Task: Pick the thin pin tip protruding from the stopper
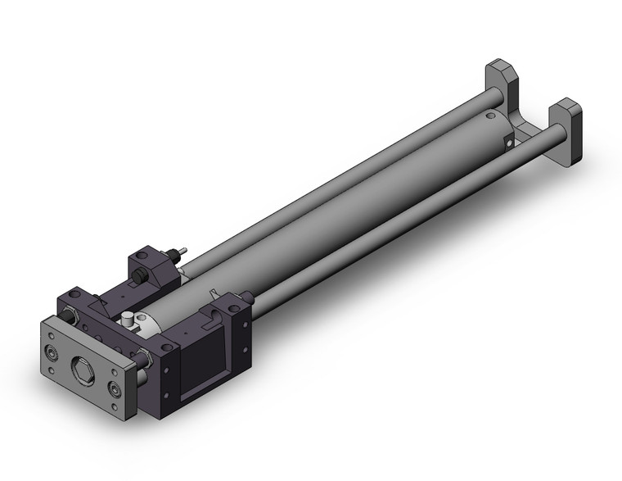tap(184, 249)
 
